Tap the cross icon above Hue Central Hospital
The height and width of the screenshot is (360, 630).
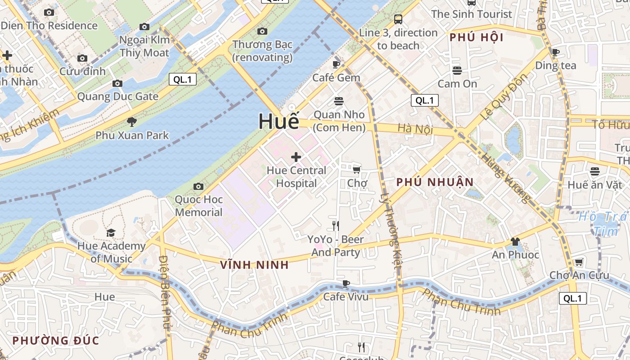(x=296, y=157)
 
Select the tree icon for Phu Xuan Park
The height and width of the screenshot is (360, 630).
(x=132, y=122)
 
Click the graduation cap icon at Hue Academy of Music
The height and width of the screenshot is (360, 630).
(x=111, y=233)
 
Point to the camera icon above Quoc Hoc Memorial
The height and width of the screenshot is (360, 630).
(x=198, y=186)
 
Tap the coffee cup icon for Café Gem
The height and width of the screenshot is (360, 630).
(x=336, y=64)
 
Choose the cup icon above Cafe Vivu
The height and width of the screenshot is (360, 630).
(x=346, y=283)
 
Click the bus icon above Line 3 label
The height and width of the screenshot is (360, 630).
(x=398, y=19)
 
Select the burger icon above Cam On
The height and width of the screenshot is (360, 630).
(x=457, y=71)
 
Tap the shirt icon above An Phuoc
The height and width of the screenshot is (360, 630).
(x=515, y=242)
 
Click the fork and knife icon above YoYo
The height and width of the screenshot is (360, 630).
(x=336, y=226)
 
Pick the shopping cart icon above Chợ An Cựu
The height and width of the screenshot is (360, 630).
(x=579, y=262)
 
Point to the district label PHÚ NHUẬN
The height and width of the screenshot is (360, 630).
(x=435, y=182)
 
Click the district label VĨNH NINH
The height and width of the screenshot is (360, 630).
(x=254, y=265)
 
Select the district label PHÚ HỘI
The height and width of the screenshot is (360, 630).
(x=477, y=37)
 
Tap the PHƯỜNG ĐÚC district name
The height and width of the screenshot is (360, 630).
(x=55, y=340)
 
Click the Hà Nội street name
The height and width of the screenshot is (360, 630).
(x=415, y=129)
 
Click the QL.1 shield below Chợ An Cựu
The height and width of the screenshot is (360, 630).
(x=573, y=298)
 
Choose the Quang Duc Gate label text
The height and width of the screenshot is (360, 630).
(x=118, y=96)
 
